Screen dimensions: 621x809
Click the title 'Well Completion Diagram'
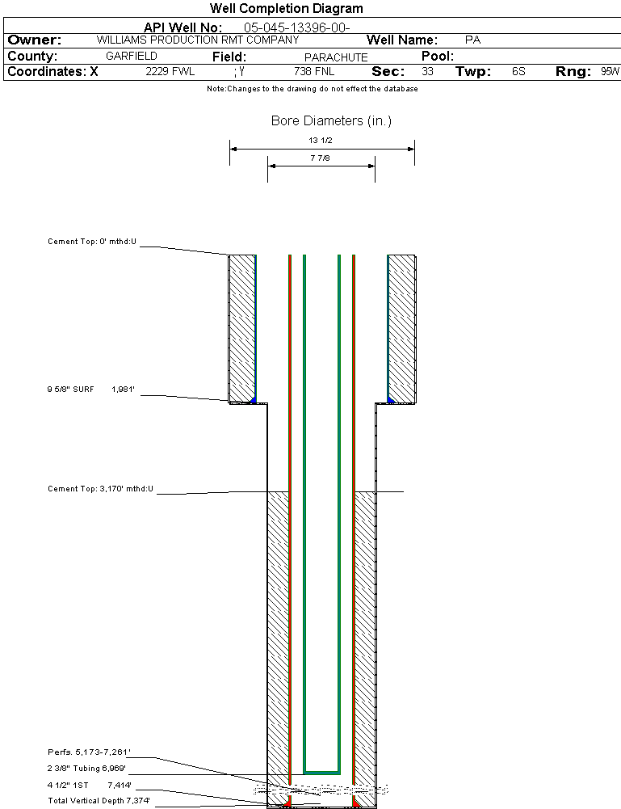(286, 8)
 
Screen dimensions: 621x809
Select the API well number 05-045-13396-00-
(297, 27)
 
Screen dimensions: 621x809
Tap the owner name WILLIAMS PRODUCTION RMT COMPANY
(198, 40)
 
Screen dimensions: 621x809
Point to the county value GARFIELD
(132, 56)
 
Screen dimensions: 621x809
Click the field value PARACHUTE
(336, 57)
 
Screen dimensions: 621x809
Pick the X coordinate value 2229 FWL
(170, 71)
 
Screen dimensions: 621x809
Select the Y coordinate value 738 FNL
(314, 71)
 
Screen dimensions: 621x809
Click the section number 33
(428, 71)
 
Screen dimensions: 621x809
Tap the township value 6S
(518, 71)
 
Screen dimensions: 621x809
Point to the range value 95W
(611, 71)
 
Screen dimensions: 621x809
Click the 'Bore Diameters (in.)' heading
(331, 120)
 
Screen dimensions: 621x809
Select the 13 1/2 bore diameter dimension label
(321, 141)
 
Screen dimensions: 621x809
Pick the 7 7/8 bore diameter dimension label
(320, 158)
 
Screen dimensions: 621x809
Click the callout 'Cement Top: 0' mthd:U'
(92, 242)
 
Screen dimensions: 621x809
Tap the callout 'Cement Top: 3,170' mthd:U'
(100, 489)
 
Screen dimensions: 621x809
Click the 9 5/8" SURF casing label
(70, 389)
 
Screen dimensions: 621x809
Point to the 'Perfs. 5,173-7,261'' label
(89, 752)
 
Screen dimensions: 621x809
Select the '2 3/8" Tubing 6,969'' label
(86, 769)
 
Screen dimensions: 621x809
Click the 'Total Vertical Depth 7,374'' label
(99, 801)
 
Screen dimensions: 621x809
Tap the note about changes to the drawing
(313, 89)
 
